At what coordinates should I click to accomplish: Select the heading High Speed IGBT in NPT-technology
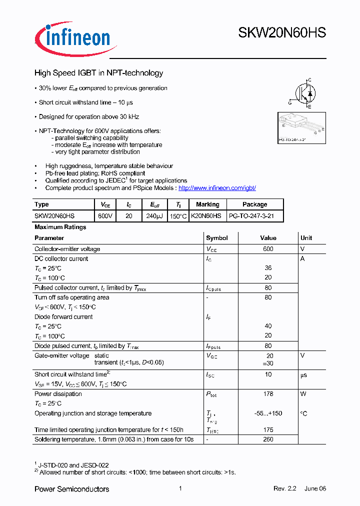point(98,73)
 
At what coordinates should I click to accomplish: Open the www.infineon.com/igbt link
point(217,188)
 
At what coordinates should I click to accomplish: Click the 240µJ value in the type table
point(155,216)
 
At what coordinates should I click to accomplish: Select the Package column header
point(254,204)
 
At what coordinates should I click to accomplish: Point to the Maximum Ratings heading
point(60,227)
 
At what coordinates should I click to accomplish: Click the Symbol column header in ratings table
point(216,238)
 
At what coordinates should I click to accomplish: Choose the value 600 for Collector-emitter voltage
point(268,249)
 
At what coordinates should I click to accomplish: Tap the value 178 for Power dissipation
point(268,394)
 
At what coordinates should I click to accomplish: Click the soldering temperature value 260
point(268,439)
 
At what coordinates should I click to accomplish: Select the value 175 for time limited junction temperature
point(268,429)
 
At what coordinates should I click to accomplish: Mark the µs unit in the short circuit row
point(304,374)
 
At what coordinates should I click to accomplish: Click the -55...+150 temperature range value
point(268,413)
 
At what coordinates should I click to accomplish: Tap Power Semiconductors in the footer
point(71,489)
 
